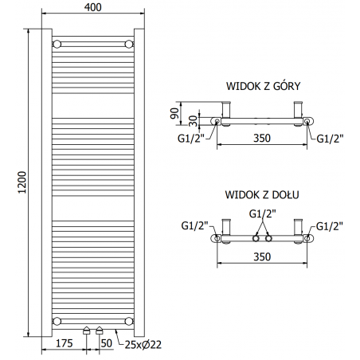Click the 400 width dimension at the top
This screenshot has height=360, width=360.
point(93,7)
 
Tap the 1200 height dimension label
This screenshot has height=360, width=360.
point(22,182)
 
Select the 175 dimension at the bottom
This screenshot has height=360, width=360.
point(65,343)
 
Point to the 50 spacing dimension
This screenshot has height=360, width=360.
point(107,343)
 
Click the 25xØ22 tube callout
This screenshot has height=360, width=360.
point(143,345)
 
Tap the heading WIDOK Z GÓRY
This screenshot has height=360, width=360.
point(263,86)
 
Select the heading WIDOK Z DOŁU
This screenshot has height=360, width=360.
point(262,194)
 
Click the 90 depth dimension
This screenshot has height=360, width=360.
point(174,113)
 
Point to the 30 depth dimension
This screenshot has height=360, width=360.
point(194,121)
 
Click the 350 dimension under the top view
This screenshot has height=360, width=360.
point(262,138)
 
